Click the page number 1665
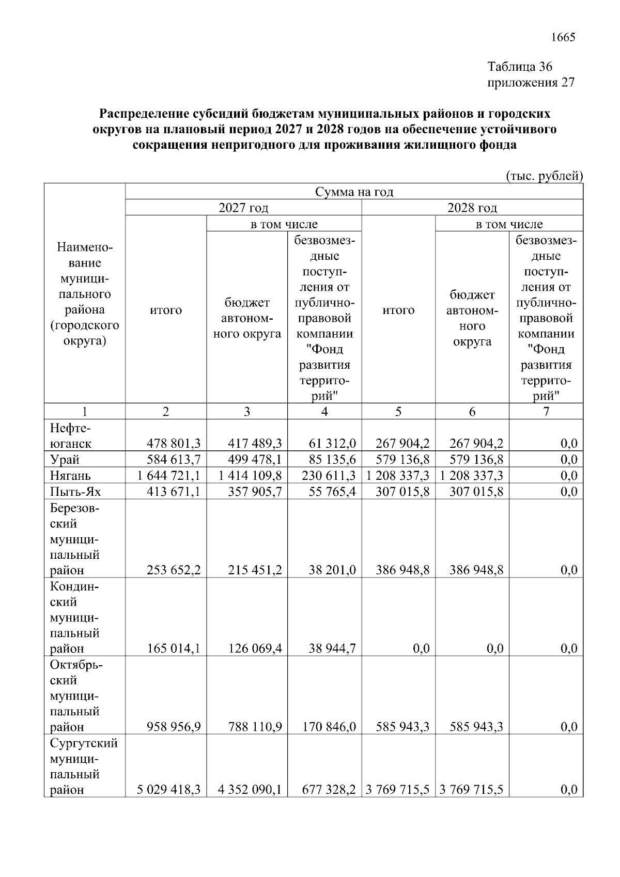point(563,37)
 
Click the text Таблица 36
point(520,67)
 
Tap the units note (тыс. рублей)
point(544,176)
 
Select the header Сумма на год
point(354,192)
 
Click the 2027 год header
point(243,208)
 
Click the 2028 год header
point(472,208)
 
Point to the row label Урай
point(65,460)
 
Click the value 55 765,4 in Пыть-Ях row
point(332,491)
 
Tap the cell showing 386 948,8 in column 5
point(402,570)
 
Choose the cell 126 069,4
point(255,648)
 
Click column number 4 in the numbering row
point(324,412)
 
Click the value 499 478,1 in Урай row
point(255,460)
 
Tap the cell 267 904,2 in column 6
point(476,443)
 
